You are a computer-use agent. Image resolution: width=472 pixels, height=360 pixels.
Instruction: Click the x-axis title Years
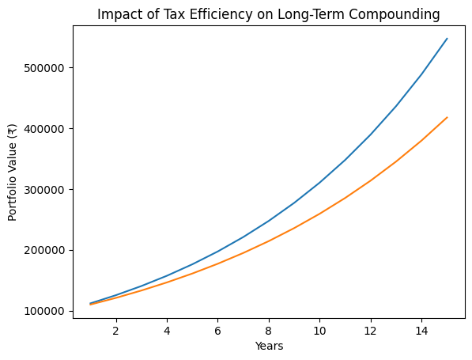[269, 347]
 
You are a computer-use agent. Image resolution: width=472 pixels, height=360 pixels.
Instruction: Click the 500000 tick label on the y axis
[44, 68]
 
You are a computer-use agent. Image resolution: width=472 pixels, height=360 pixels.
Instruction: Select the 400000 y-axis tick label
[44, 129]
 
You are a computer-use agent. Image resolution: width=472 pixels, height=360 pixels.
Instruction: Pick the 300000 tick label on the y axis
[44, 190]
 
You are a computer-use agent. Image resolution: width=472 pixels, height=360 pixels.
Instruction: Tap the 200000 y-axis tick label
[44, 250]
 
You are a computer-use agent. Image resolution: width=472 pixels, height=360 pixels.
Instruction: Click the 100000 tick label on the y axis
[44, 311]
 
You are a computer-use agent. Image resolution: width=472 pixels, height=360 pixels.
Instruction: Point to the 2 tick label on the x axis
[116, 331]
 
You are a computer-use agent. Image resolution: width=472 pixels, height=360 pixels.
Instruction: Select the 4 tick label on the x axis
[167, 331]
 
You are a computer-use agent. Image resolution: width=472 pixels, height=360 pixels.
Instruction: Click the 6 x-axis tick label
[218, 331]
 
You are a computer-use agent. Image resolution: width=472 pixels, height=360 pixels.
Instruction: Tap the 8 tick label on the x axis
[269, 331]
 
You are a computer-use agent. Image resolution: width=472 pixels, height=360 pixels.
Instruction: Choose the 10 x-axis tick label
[319, 331]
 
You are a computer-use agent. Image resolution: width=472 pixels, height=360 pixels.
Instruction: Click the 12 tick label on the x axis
[371, 331]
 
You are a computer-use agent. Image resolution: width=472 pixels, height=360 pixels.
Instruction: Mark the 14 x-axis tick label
[421, 331]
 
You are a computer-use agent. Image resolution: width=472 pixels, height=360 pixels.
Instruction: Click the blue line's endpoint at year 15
[447, 39]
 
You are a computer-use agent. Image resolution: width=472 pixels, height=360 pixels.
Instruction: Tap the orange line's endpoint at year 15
[447, 118]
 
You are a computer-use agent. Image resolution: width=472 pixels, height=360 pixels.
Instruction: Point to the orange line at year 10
[319, 214]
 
